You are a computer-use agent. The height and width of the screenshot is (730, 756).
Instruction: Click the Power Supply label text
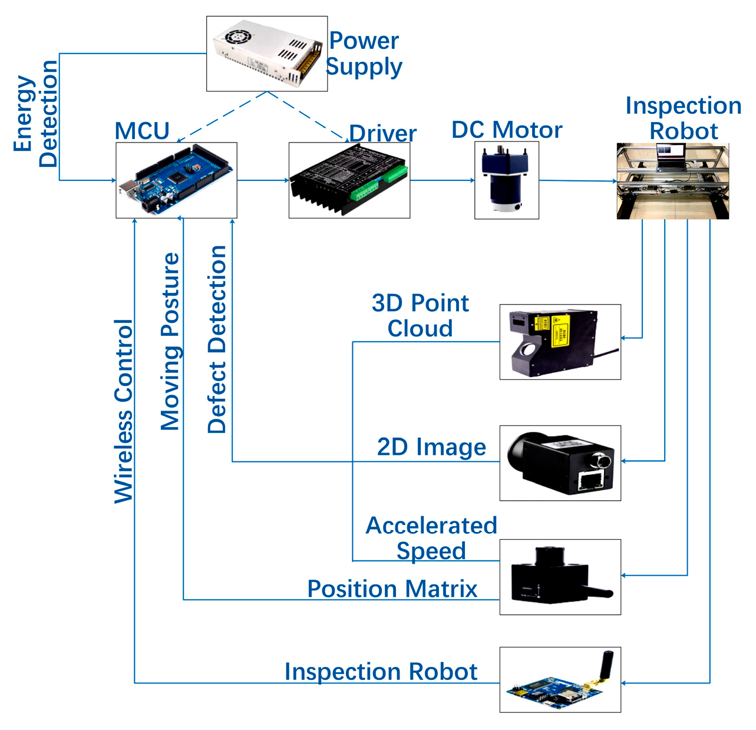pyautogui.click(x=364, y=54)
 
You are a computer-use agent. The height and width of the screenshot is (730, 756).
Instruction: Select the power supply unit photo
pyautogui.click(x=267, y=54)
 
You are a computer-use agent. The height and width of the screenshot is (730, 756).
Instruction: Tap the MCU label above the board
pyautogui.click(x=142, y=131)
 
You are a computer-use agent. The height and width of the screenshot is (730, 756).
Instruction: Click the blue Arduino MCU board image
pyautogui.click(x=176, y=180)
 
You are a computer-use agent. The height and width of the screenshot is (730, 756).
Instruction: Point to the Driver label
pyautogui.click(x=382, y=133)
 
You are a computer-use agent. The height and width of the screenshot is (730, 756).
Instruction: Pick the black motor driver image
pyautogui.click(x=349, y=180)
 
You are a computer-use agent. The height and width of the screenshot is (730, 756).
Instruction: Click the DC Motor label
pyautogui.click(x=507, y=130)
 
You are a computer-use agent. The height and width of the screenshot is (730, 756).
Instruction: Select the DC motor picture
pyautogui.click(x=506, y=180)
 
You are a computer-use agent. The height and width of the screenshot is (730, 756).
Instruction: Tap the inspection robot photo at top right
pyautogui.click(x=672, y=181)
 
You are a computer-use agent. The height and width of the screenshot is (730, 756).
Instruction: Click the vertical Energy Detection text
pyautogui.click(x=36, y=114)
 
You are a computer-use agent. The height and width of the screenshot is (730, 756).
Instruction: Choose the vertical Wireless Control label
pyautogui.click(x=124, y=411)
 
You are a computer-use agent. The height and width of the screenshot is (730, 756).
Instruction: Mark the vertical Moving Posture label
pyautogui.click(x=170, y=342)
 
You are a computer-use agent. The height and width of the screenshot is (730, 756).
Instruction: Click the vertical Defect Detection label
pyautogui.click(x=217, y=339)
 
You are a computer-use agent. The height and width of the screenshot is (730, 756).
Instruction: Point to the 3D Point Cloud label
pyautogui.click(x=420, y=316)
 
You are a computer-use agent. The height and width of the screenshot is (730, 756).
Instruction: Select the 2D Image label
pyautogui.click(x=431, y=447)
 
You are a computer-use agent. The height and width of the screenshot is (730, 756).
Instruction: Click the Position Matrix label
pyautogui.click(x=392, y=589)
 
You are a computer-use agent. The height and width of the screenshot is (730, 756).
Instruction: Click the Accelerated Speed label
pyautogui.click(x=431, y=538)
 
